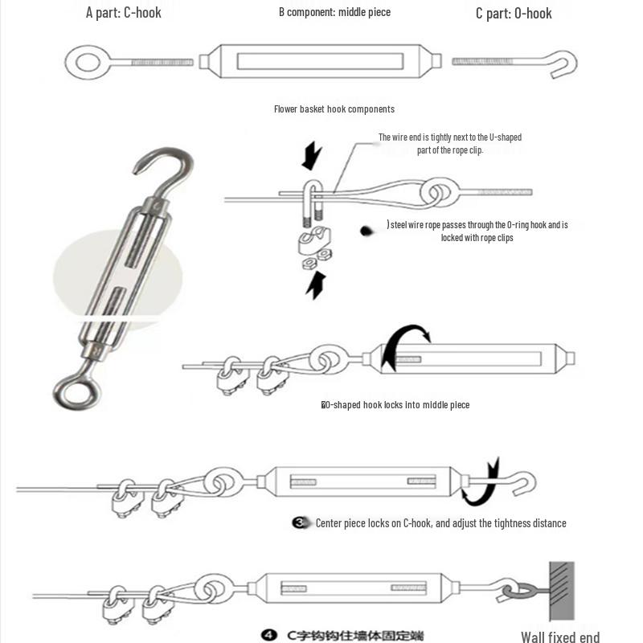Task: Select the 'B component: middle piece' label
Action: pos(334,13)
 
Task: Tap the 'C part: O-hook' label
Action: pos(514,13)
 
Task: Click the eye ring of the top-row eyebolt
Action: pos(84,61)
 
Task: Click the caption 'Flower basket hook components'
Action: pos(334,109)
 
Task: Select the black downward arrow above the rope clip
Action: pos(311,155)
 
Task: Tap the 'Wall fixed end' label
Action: pos(560,637)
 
